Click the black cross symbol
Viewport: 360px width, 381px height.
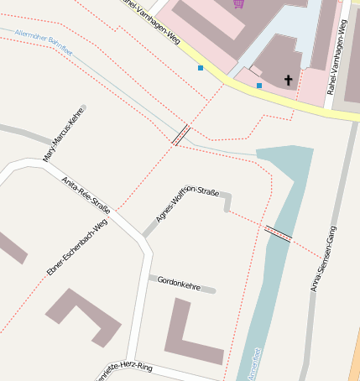pos(289,81)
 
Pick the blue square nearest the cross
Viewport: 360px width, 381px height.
pos(259,86)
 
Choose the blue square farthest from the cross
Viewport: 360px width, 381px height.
pos(200,67)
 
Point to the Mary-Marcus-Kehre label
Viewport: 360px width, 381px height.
pos(64,134)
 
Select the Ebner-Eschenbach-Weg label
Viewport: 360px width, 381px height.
pos(77,247)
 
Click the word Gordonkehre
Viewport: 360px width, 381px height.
pos(179,282)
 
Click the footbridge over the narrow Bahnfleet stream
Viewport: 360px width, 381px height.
pos(180,134)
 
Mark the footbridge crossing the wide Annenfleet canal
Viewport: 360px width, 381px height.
pos(278,233)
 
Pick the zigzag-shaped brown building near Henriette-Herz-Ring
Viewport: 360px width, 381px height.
pos(84,316)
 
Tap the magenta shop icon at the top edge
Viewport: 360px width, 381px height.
pos(239,3)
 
